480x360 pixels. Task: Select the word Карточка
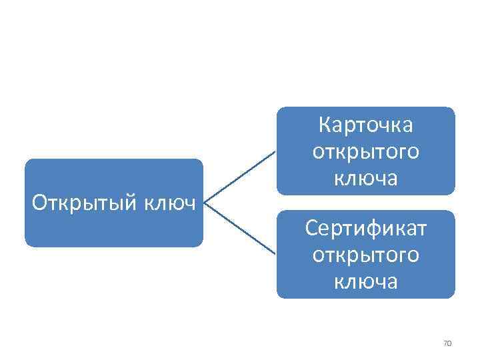pos(365,125)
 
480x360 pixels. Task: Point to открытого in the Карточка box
pos(365,151)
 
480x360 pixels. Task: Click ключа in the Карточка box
pos(365,178)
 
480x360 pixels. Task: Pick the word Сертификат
pos(365,228)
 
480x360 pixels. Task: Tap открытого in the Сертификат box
pos(365,255)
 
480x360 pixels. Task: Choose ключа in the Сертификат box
pos(365,281)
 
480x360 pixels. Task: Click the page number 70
pos(447,343)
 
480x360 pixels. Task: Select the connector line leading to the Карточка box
pos(240,177)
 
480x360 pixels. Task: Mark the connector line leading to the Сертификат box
pos(240,228)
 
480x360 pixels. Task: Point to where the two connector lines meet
pos(204,203)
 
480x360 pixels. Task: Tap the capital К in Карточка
pos(325,125)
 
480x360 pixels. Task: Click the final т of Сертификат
pos(421,229)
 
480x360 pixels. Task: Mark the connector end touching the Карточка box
pos(275,151)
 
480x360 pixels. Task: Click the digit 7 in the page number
pos(445,343)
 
